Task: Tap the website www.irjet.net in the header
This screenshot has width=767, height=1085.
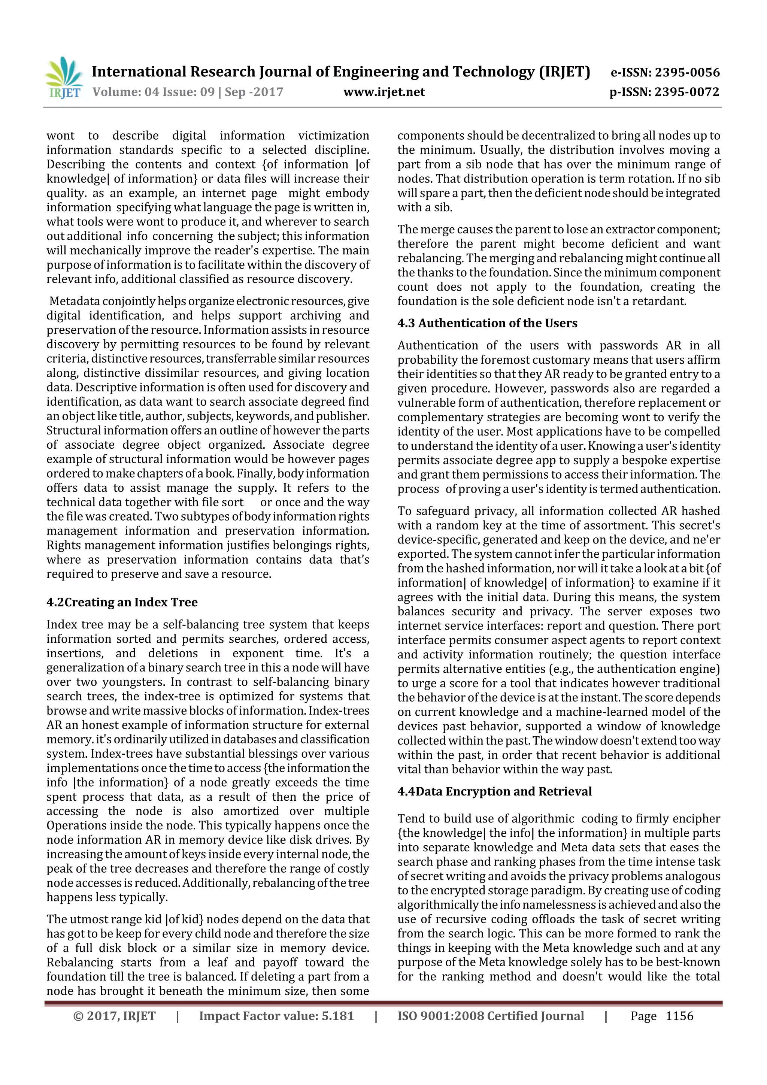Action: click(x=384, y=92)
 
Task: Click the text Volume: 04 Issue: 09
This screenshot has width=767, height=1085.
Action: click(x=154, y=92)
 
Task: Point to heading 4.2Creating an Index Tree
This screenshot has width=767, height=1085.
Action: click(x=122, y=602)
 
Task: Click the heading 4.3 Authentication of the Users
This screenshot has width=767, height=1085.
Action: click(x=487, y=323)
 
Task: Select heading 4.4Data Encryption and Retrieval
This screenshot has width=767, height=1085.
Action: click(x=494, y=791)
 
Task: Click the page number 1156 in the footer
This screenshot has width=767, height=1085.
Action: click(x=679, y=1016)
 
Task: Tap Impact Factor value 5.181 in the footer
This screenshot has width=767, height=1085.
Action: click(x=276, y=1016)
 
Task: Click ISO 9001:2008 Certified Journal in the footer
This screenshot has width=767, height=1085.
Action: click(x=491, y=1016)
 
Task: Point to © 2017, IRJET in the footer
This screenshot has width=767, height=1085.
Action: click(x=114, y=1016)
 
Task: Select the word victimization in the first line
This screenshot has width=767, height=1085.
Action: click(x=334, y=136)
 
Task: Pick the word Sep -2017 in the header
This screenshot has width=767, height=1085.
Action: click(x=254, y=92)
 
